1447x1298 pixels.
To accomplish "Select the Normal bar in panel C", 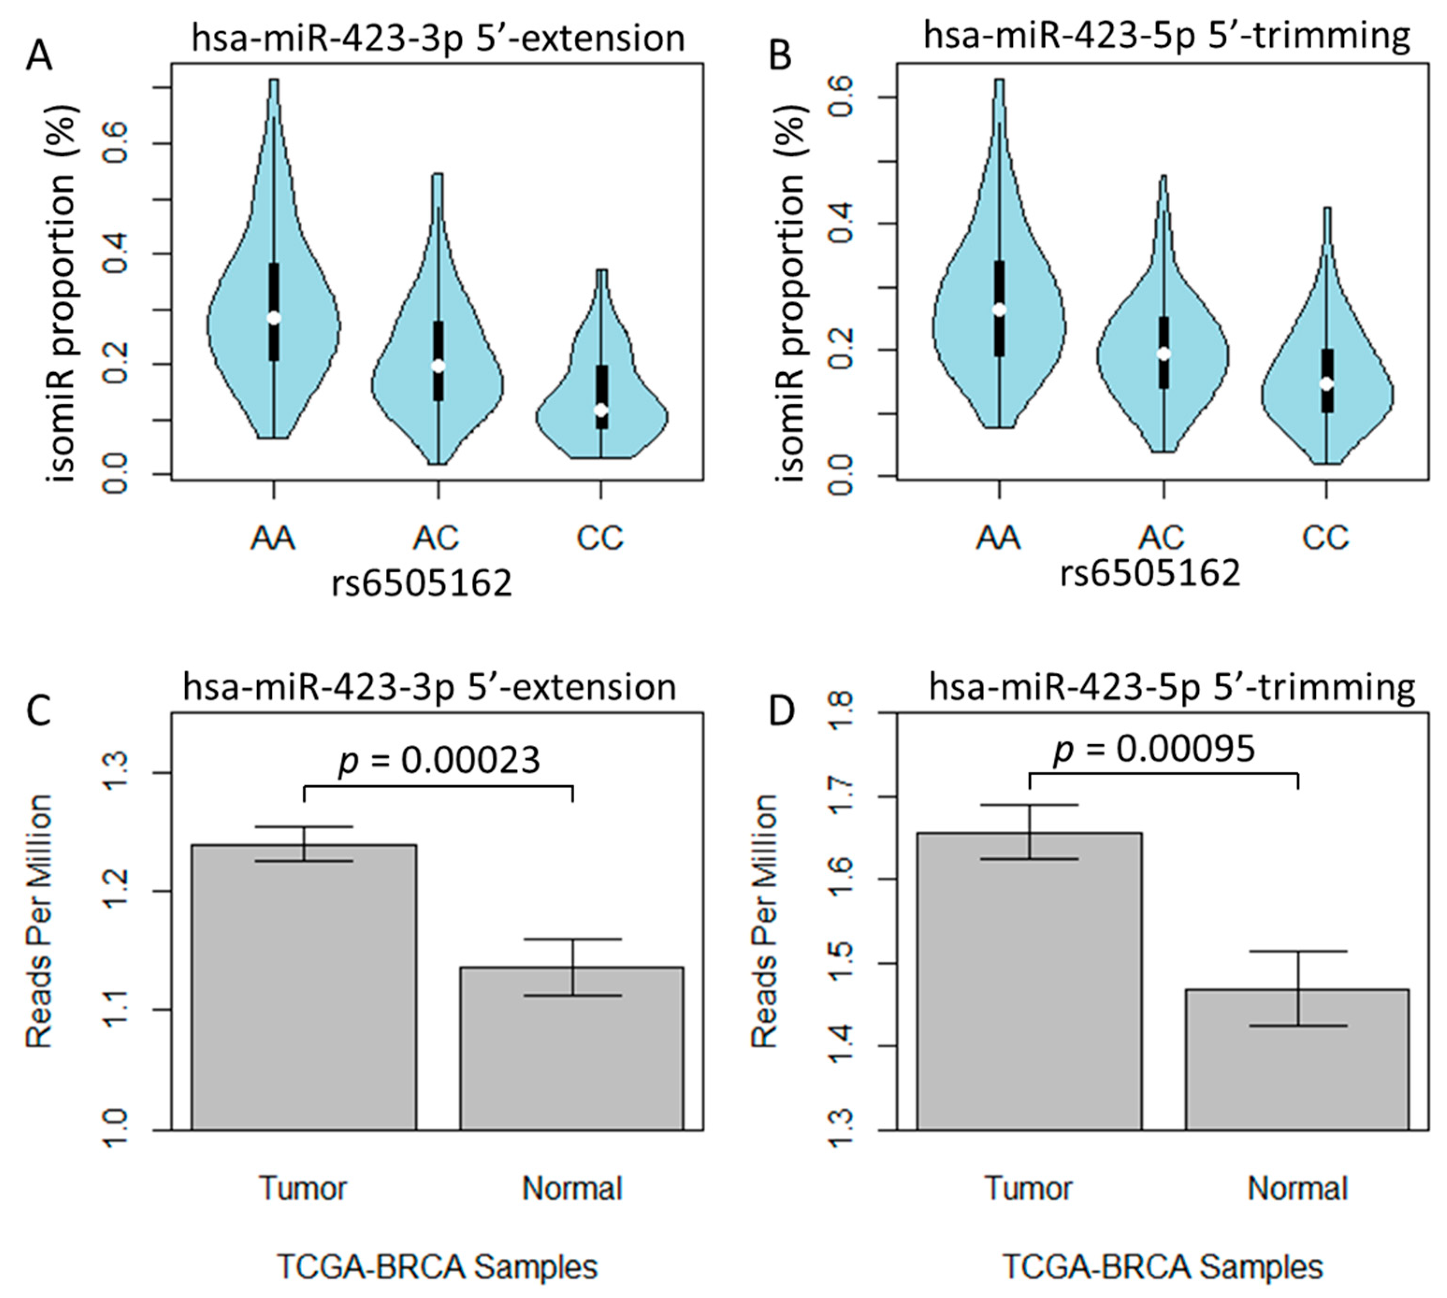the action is tap(571, 1048).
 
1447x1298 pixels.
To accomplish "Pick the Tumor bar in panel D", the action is tap(1029, 981).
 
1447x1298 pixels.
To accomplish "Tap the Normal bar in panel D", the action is tap(1297, 1059).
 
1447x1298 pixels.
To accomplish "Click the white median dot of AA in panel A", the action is tap(274, 318).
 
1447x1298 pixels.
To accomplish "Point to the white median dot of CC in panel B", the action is tap(1326, 383).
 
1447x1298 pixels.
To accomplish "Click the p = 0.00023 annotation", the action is tap(439, 760).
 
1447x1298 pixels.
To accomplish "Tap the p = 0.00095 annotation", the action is tap(1155, 749).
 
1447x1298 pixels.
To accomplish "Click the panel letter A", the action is tap(39, 56).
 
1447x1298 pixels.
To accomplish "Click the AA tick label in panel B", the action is tap(998, 538).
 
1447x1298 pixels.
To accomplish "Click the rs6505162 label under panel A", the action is tap(422, 584).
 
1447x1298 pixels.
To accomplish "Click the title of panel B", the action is tap(1167, 35).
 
